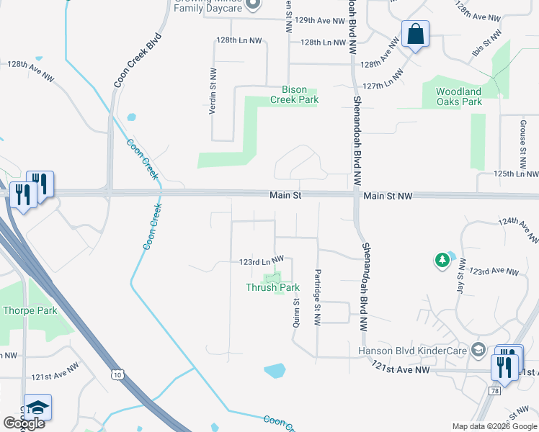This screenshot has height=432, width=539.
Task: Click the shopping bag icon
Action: click(x=416, y=34)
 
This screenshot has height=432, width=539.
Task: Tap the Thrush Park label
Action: click(x=272, y=287)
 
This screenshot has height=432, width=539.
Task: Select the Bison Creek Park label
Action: click(x=294, y=95)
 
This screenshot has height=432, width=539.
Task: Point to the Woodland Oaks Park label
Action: click(x=459, y=96)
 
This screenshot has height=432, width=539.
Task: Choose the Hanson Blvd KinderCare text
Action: click(x=411, y=351)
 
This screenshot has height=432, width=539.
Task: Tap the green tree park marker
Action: click(x=442, y=260)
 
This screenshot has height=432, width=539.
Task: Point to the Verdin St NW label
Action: click(x=213, y=90)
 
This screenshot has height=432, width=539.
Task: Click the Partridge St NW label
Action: click(x=316, y=296)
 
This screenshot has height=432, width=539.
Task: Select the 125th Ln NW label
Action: click(x=516, y=174)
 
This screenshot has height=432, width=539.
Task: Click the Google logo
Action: click(x=24, y=423)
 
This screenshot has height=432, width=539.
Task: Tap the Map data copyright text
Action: click(x=494, y=426)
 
